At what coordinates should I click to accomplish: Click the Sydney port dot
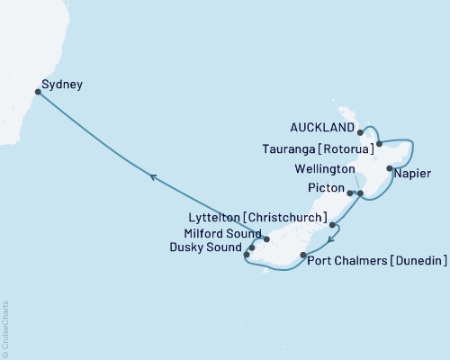click(38, 91)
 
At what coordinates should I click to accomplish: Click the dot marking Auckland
click(361, 130)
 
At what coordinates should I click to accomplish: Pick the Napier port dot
click(389, 168)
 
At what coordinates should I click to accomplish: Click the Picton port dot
click(349, 193)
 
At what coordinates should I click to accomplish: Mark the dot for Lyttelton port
click(332, 225)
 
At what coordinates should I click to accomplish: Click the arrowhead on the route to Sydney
click(153, 178)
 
